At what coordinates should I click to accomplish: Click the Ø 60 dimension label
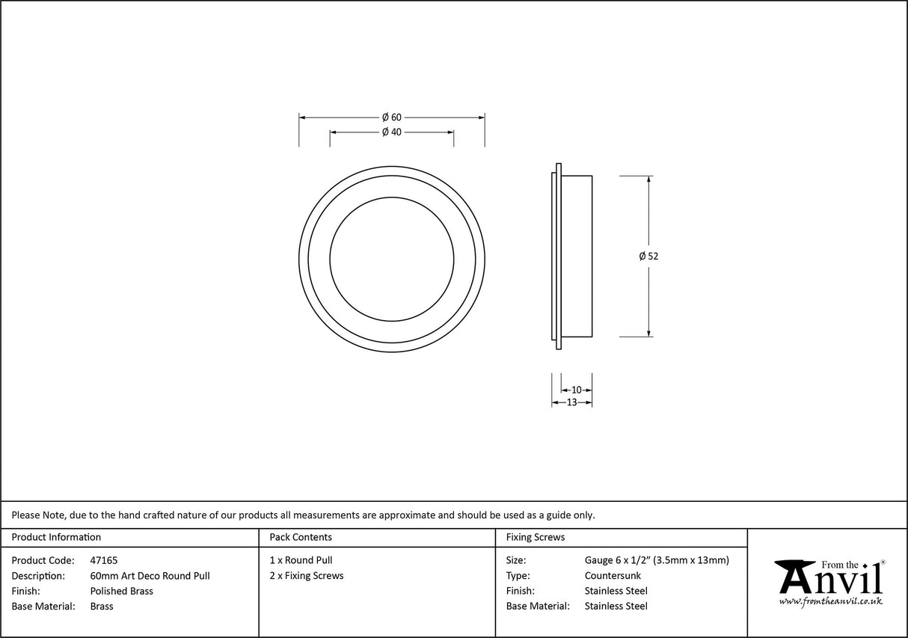392,117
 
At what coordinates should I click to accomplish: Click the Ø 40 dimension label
392,132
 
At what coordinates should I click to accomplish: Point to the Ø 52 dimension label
648,256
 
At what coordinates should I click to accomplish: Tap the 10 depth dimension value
576,390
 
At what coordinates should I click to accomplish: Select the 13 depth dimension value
571,402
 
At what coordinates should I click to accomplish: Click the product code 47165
103,560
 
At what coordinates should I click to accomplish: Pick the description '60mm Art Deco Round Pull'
150,576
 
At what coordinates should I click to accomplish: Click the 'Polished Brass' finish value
121,591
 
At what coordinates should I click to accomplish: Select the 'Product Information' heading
56,537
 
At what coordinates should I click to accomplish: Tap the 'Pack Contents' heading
301,537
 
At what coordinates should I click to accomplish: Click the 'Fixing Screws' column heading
536,537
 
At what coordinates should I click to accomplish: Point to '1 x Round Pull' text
301,560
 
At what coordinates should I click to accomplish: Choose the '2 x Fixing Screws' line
307,576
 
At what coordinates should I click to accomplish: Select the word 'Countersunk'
613,576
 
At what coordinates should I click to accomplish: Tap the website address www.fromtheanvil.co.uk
830,601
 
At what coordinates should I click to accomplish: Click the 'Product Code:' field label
43,560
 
